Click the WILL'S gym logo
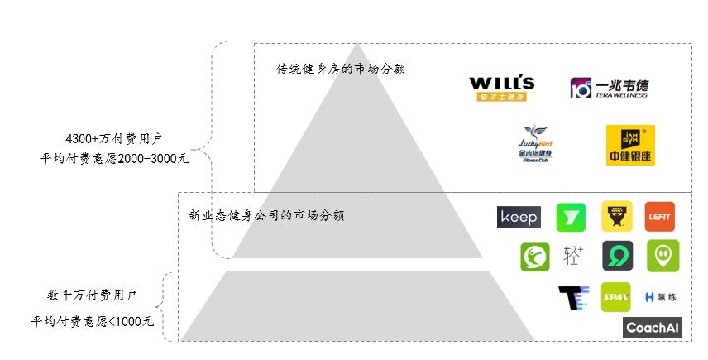[502, 88]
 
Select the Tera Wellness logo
[609, 88]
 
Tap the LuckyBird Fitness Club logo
[534, 144]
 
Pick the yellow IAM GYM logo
[624, 145]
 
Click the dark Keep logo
[519, 217]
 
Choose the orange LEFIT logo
[660, 217]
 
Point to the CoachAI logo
[653, 328]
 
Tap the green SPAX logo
[615, 297]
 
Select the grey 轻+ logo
[574, 256]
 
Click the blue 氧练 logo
[661, 297]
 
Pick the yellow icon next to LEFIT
[617, 217]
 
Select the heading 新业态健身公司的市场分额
[266, 216]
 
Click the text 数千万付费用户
[92, 295]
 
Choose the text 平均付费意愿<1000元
[93, 321]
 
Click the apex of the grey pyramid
[356, 46]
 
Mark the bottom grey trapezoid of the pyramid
[357, 306]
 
